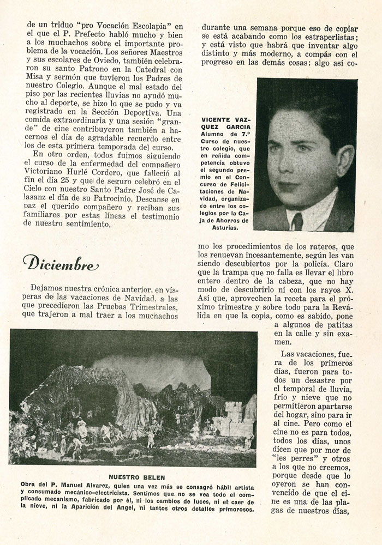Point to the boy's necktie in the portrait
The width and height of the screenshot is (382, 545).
tap(297, 220)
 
